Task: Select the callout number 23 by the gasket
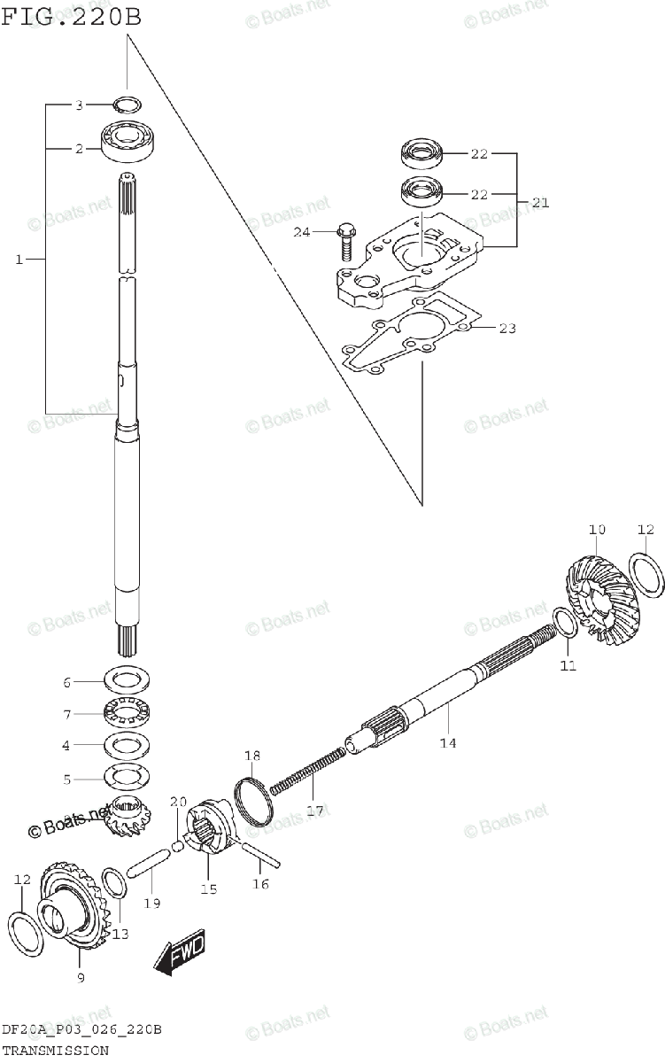tap(506, 329)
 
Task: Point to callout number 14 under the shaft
tap(448, 742)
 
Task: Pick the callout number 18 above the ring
tap(252, 756)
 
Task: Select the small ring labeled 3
tap(127, 104)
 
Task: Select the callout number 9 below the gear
tap(81, 977)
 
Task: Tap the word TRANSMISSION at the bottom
tap(55, 1050)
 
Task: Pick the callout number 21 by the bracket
tap(540, 203)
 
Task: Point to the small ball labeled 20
tap(177, 846)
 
